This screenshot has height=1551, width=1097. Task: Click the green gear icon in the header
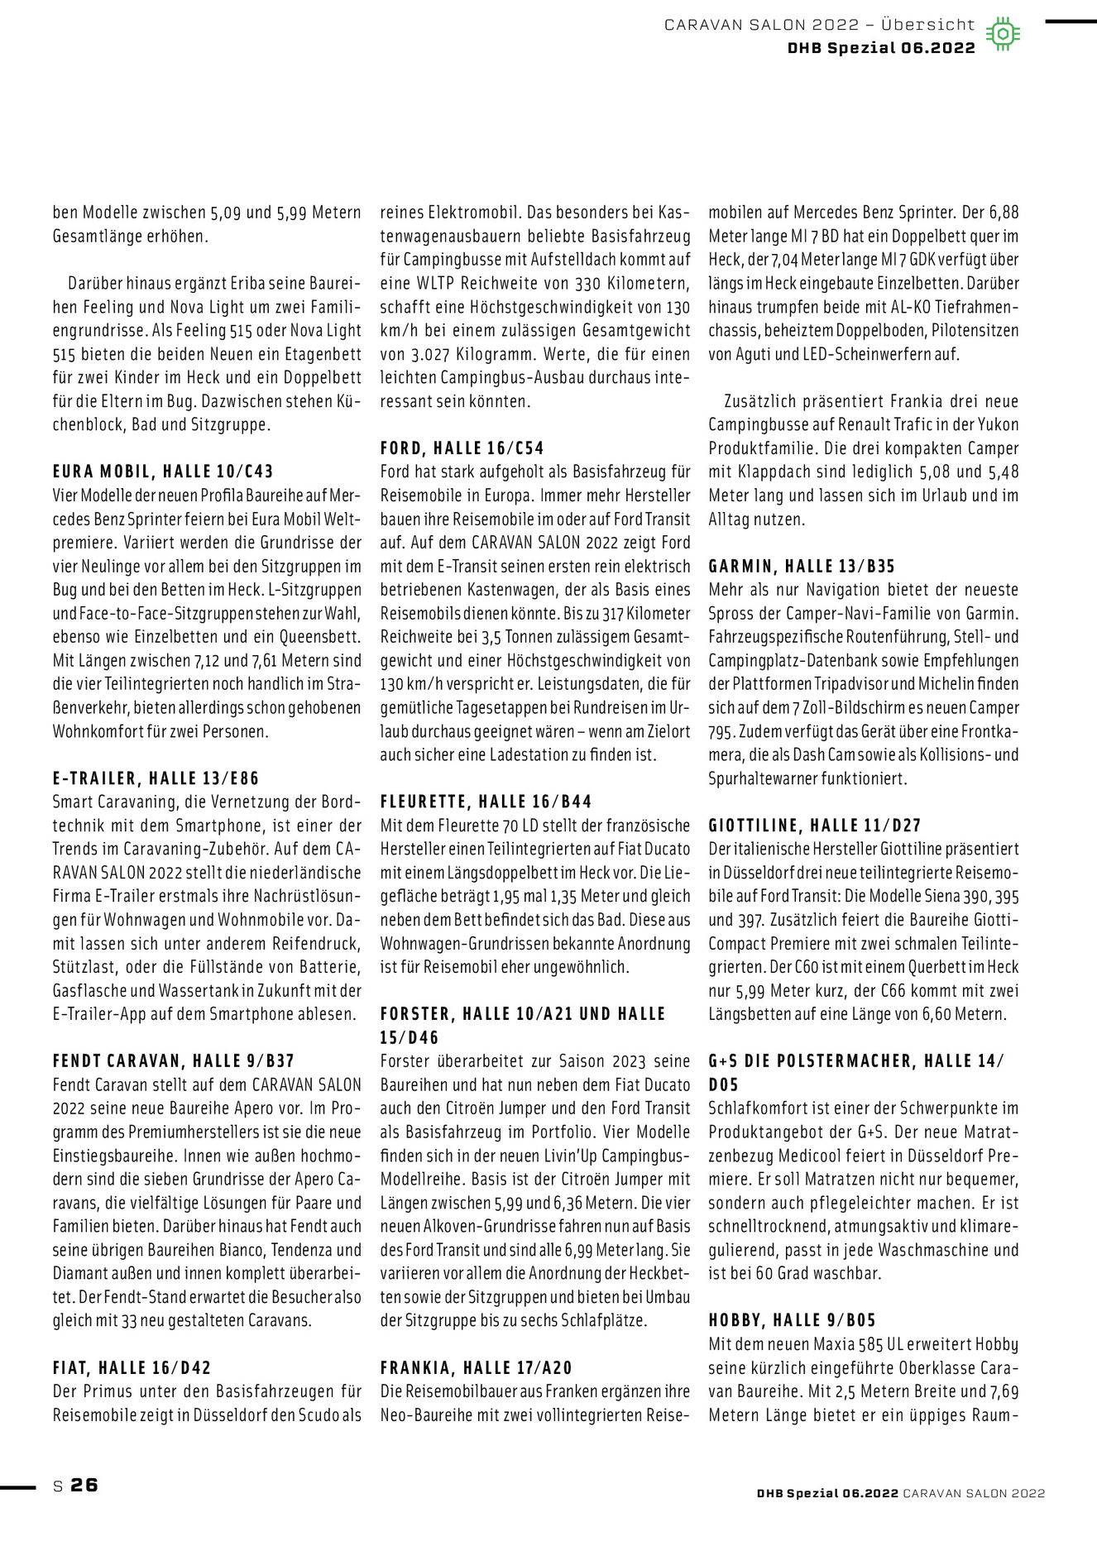[x=1004, y=34]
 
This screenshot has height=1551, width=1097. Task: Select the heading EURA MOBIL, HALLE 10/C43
[x=163, y=472]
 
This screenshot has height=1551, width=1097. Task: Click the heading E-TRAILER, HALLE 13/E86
[x=156, y=778]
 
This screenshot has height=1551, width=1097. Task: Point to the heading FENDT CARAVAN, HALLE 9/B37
[x=174, y=1061]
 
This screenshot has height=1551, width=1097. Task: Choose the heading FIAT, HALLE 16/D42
[x=132, y=1368]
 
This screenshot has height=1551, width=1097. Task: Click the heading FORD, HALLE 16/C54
[x=462, y=448]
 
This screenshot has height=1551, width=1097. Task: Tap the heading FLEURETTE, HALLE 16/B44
[x=486, y=802]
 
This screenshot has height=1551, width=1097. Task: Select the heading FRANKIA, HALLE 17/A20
[x=477, y=1368]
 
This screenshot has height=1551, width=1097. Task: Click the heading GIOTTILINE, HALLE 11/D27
[x=815, y=826]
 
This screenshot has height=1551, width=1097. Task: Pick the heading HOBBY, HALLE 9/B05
[x=793, y=1321]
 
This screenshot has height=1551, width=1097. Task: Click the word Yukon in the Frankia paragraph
[x=997, y=425]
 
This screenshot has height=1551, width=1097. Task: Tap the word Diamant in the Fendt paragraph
[x=77, y=1273]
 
